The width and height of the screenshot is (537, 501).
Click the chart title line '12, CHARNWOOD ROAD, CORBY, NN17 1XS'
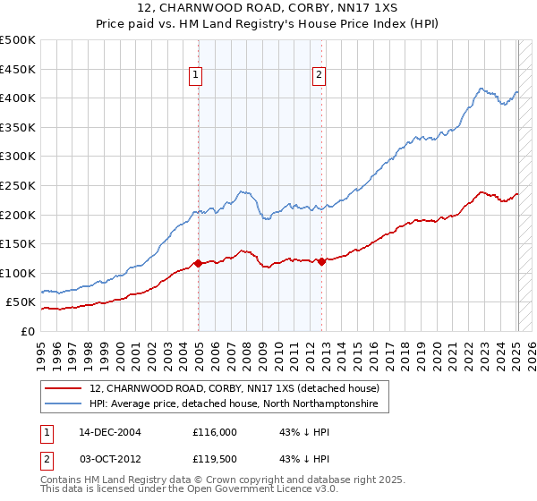pyautogui.click(x=268, y=9)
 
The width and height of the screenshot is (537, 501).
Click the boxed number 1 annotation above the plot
pyautogui.click(x=195, y=76)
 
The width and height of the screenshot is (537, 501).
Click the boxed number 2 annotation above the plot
pyautogui.click(x=319, y=76)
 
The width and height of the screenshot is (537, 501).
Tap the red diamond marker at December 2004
pyautogui.click(x=198, y=264)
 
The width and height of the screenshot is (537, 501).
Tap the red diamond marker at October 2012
pyautogui.click(x=321, y=262)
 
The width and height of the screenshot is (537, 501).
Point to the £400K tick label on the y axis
pyautogui.click(x=18, y=98)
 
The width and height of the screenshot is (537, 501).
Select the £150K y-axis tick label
pyautogui.click(x=18, y=243)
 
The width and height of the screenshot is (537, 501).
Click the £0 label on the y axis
pyautogui.click(x=27, y=331)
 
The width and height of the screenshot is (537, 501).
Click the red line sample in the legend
pyautogui.click(x=64, y=389)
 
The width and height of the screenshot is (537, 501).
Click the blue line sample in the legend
pyautogui.click(x=64, y=405)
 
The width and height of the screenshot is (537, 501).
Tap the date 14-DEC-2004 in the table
pyautogui.click(x=108, y=432)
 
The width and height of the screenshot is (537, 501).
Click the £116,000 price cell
pyautogui.click(x=215, y=432)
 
